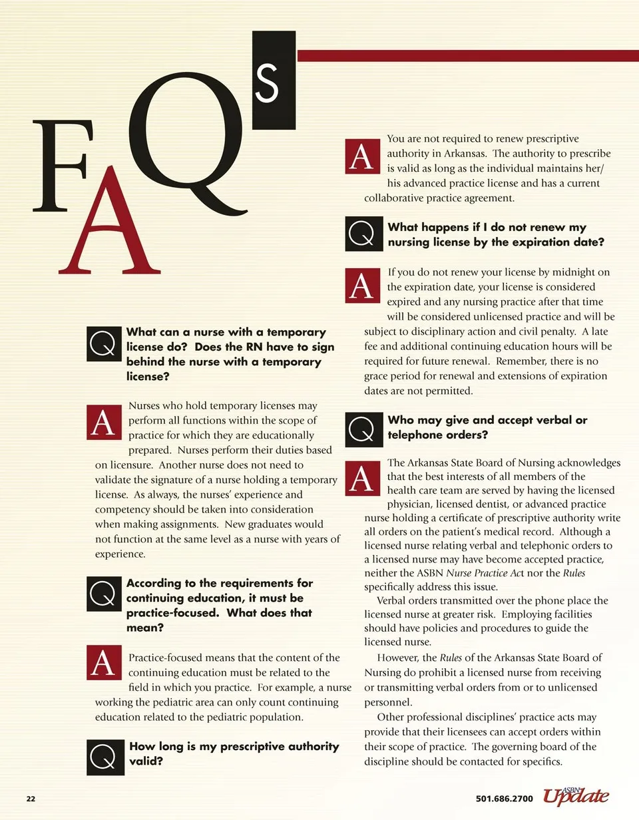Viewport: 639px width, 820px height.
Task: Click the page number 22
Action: [31, 799]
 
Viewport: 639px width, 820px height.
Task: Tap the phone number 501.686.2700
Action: [505, 799]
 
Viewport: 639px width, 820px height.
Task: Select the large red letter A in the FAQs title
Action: [109, 227]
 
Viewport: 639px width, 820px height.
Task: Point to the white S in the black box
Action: [267, 83]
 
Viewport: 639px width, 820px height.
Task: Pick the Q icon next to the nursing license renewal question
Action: [364, 234]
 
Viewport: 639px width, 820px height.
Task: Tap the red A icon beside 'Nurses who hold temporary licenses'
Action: [104, 422]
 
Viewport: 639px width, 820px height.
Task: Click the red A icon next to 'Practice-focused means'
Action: [104, 662]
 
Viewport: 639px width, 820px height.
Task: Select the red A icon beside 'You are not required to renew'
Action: [363, 157]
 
